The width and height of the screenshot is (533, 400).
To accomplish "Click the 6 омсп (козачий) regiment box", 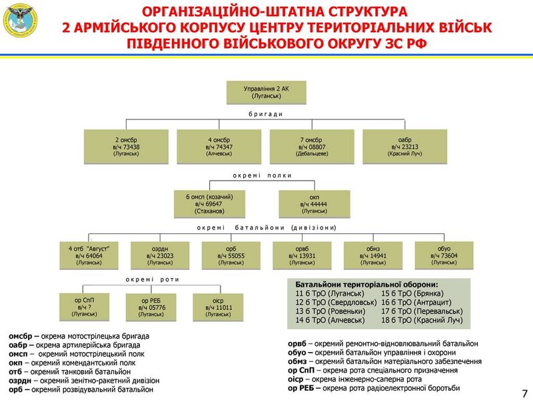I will tap(213, 204).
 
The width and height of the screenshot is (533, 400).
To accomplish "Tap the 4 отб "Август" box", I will tap(89, 255).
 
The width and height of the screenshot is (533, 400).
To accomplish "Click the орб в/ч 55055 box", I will tap(231, 255).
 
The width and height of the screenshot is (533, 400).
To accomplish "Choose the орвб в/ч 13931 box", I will tap(302, 255).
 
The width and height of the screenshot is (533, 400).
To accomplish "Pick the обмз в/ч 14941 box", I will tap(373, 255).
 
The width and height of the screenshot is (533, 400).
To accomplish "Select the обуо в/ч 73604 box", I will tap(444, 255).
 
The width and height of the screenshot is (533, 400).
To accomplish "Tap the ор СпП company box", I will tap(85, 305).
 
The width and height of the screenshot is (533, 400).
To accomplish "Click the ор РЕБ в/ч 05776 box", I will tap(151, 305).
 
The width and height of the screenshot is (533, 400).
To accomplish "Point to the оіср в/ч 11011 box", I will tap(218, 305).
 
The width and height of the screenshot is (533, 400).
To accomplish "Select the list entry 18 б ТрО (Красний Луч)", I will tap(422, 321).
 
